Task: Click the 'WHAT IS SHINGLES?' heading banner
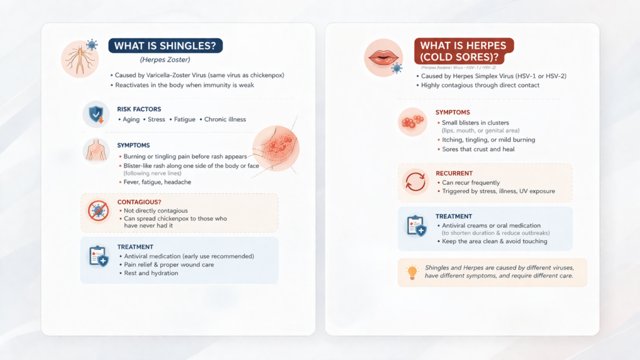tap(165, 46)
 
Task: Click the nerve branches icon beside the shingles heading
tap(79, 59)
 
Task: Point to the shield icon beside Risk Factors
tap(96, 114)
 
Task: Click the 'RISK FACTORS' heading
tap(138, 108)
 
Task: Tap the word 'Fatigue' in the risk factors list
tap(184, 119)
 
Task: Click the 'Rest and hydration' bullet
tap(151, 273)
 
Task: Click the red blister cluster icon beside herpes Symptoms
tap(412, 122)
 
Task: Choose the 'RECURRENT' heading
tap(453, 172)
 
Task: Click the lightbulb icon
tap(412, 272)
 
